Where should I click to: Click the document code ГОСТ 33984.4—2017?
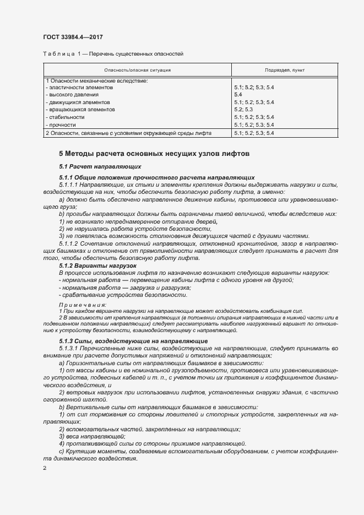73,37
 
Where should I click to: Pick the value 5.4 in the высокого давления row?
238,95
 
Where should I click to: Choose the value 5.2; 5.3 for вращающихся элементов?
243,110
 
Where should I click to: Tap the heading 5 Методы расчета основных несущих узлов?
154,154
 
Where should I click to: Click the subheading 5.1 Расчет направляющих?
100,166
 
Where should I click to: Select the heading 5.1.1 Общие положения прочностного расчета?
157,178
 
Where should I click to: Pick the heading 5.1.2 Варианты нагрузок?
90,265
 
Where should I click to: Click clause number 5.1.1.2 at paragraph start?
69,243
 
